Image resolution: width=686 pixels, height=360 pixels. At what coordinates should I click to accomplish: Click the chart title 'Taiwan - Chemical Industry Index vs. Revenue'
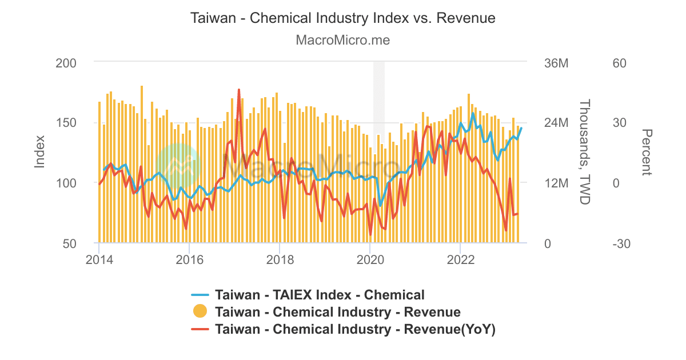point(342,18)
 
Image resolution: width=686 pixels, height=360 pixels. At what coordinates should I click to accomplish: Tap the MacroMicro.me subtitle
point(342,41)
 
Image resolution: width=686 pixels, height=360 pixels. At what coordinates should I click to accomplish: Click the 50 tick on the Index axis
point(70,243)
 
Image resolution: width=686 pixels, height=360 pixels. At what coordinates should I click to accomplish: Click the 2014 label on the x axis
point(99,260)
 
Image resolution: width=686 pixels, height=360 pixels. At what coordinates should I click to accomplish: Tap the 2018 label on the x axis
point(280,260)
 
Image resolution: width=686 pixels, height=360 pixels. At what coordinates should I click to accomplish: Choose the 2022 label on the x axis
point(460,260)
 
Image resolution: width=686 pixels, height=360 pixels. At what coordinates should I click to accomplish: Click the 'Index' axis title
point(40,151)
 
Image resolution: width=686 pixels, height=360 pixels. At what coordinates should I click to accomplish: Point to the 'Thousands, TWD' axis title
point(584,152)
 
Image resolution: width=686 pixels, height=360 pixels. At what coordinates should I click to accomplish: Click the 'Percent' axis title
point(647,152)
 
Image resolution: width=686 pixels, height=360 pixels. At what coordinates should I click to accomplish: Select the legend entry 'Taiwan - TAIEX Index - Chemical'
point(320,295)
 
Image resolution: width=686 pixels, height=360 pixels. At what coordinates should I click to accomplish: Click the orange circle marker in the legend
point(200,312)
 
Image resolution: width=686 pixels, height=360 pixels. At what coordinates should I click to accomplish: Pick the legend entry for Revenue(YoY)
point(354,329)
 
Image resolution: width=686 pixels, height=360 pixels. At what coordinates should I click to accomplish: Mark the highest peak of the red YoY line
point(238,90)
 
